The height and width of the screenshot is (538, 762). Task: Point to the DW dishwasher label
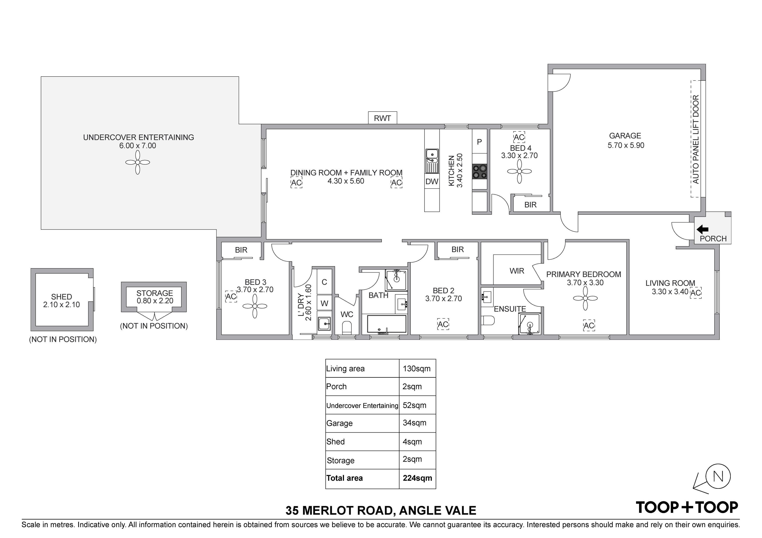[432, 182]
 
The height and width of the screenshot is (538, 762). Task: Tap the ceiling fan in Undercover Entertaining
[138, 162]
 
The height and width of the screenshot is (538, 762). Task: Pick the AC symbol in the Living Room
[696, 293]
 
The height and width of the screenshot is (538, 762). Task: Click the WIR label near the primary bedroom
[517, 271]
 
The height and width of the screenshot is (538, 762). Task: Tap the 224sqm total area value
[417, 478]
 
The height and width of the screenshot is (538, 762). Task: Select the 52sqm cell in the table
[414, 405]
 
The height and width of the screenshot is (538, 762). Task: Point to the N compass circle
[718, 476]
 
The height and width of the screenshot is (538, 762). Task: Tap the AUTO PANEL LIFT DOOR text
[696, 139]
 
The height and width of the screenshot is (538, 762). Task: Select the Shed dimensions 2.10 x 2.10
[61, 305]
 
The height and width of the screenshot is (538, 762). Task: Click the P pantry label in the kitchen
[479, 142]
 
